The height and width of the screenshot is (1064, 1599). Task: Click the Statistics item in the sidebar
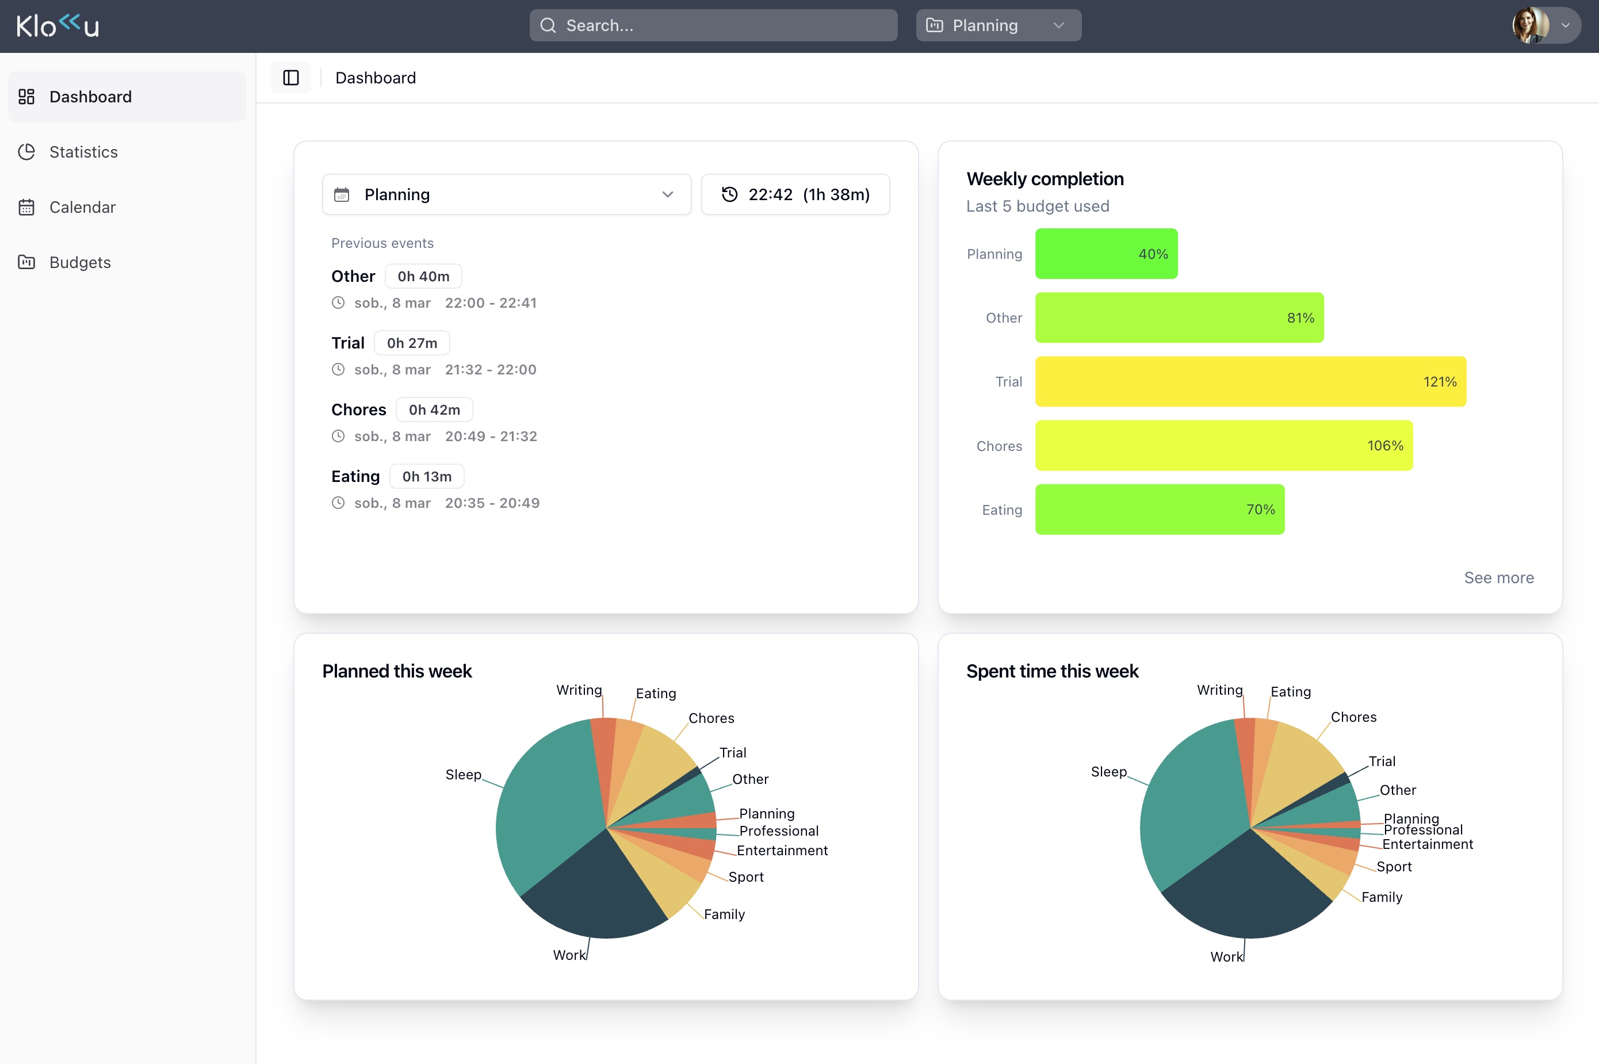(x=83, y=152)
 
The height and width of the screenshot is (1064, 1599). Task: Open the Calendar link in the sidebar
(x=82, y=207)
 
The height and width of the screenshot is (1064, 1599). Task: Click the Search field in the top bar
(x=713, y=26)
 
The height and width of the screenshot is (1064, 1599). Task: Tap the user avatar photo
(x=1531, y=26)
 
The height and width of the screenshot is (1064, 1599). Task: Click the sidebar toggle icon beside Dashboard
(x=290, y=78)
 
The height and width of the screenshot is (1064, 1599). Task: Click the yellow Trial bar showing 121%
(x=1249, y=381)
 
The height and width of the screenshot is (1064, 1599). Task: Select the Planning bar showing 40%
(x=1105, y=254)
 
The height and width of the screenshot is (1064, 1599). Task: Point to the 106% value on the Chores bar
(x=1384, y=446)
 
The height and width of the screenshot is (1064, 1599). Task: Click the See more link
(x=1498, y=577)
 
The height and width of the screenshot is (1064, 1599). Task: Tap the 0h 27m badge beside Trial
(x=412, y=343)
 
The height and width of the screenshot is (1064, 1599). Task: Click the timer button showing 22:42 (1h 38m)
(x=795, y=195)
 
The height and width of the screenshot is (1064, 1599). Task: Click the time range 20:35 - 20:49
(x=492, y=503)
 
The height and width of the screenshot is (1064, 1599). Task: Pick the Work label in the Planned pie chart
(x=569, y=955)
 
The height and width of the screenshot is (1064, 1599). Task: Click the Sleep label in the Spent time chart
(x=1108, y=771)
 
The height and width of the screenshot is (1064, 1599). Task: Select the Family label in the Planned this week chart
(x=724, y=914)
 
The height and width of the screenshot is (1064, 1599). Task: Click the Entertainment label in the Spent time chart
(x=1427, y=844)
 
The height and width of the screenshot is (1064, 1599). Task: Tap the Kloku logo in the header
(x=58, y=26)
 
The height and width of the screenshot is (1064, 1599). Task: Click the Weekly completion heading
(x=1045, y=178)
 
